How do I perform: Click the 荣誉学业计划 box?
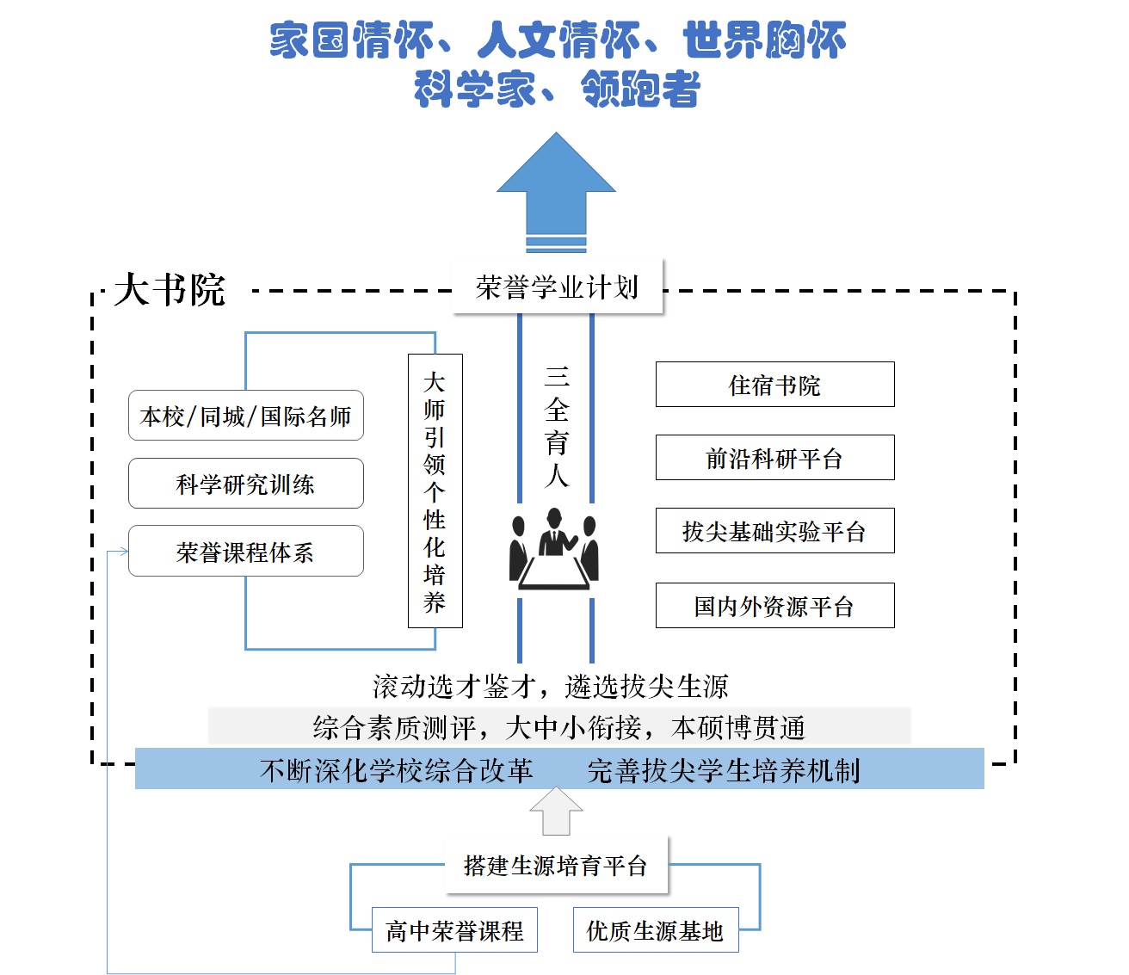tap(558, 287)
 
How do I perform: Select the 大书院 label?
tap(170, 290)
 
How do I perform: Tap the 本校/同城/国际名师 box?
tap(245, 416)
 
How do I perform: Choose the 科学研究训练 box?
tap(245, 484)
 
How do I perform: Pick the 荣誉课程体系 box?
tap(245, 552)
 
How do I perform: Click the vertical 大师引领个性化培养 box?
tap(435, 491)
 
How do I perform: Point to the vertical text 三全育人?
tap(557, 426)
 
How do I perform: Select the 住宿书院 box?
tap(774, 385)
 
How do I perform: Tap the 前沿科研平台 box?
tap(774, 458)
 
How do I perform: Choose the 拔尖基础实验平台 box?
tap(774, 531)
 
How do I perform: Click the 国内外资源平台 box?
tap(774, 606)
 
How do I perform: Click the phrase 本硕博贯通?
tap(738, 728)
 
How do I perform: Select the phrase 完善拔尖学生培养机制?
tap(723, 770)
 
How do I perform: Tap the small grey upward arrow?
tap(556, 811)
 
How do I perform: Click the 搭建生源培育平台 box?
tap(555, 866)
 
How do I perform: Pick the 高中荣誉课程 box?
tap(454, 930)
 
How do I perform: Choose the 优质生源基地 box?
tap(655, 930)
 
